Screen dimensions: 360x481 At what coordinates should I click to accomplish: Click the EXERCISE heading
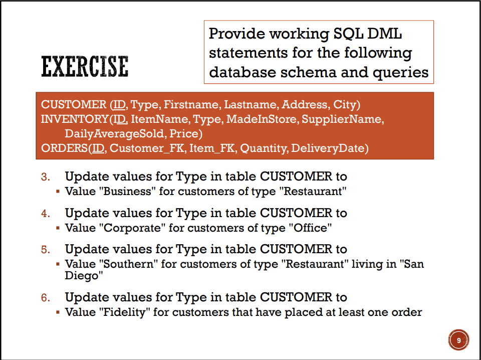(x=84, y=67)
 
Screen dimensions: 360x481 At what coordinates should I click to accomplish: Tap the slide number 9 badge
(x=458, y=340)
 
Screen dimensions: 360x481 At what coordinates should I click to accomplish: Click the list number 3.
(x=46, y=177)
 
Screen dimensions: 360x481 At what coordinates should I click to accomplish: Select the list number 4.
(x=46, y=213)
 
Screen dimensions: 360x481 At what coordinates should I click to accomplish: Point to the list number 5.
(x=46, y=249)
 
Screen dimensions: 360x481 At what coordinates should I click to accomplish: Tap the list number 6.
(x=46, y=298)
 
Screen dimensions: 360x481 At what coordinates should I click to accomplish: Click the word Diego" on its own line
(x=84, y=275)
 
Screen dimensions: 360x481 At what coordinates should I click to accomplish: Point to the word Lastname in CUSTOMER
(x=251, y=105)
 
